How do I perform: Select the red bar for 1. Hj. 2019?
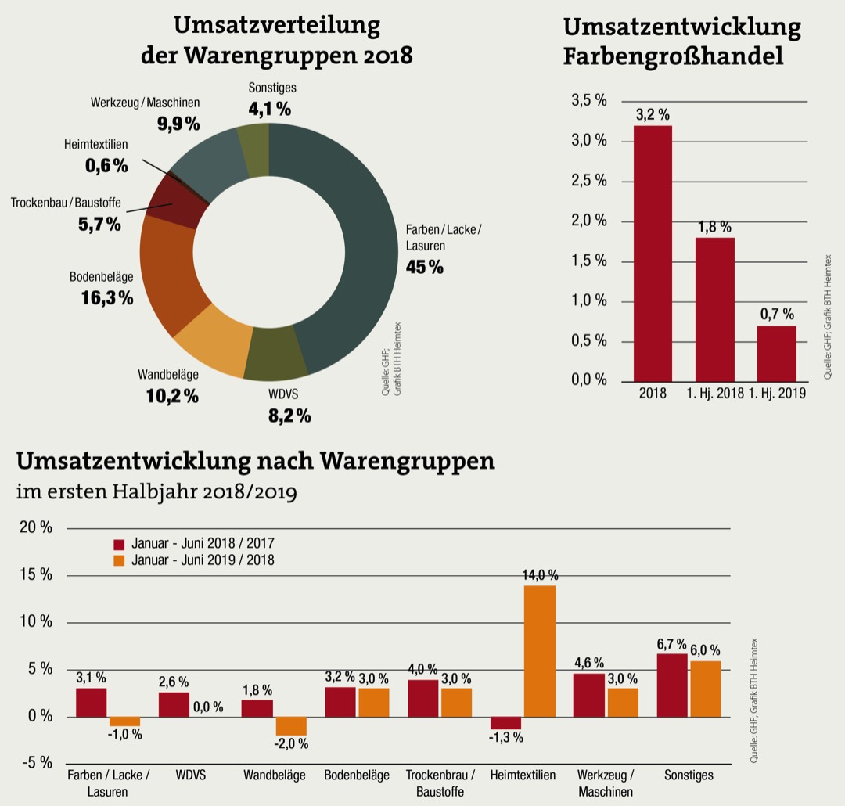pos(776,354)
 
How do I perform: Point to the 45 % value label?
pos(424,268)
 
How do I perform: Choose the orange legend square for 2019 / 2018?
pos(119,560)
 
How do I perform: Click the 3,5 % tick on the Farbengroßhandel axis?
pos(589,101)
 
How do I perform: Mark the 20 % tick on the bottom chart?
pos(35,527)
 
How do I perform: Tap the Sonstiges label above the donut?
pos(271,88)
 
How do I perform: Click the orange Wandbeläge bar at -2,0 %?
pos(290,725)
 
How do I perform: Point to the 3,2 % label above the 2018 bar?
pos(652,115)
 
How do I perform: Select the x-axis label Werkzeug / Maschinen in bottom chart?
pos(606,783)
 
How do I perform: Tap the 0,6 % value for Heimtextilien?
pos(106,165)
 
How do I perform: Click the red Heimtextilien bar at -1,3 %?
pos(505,722)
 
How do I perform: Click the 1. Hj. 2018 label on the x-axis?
pos(715,394)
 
